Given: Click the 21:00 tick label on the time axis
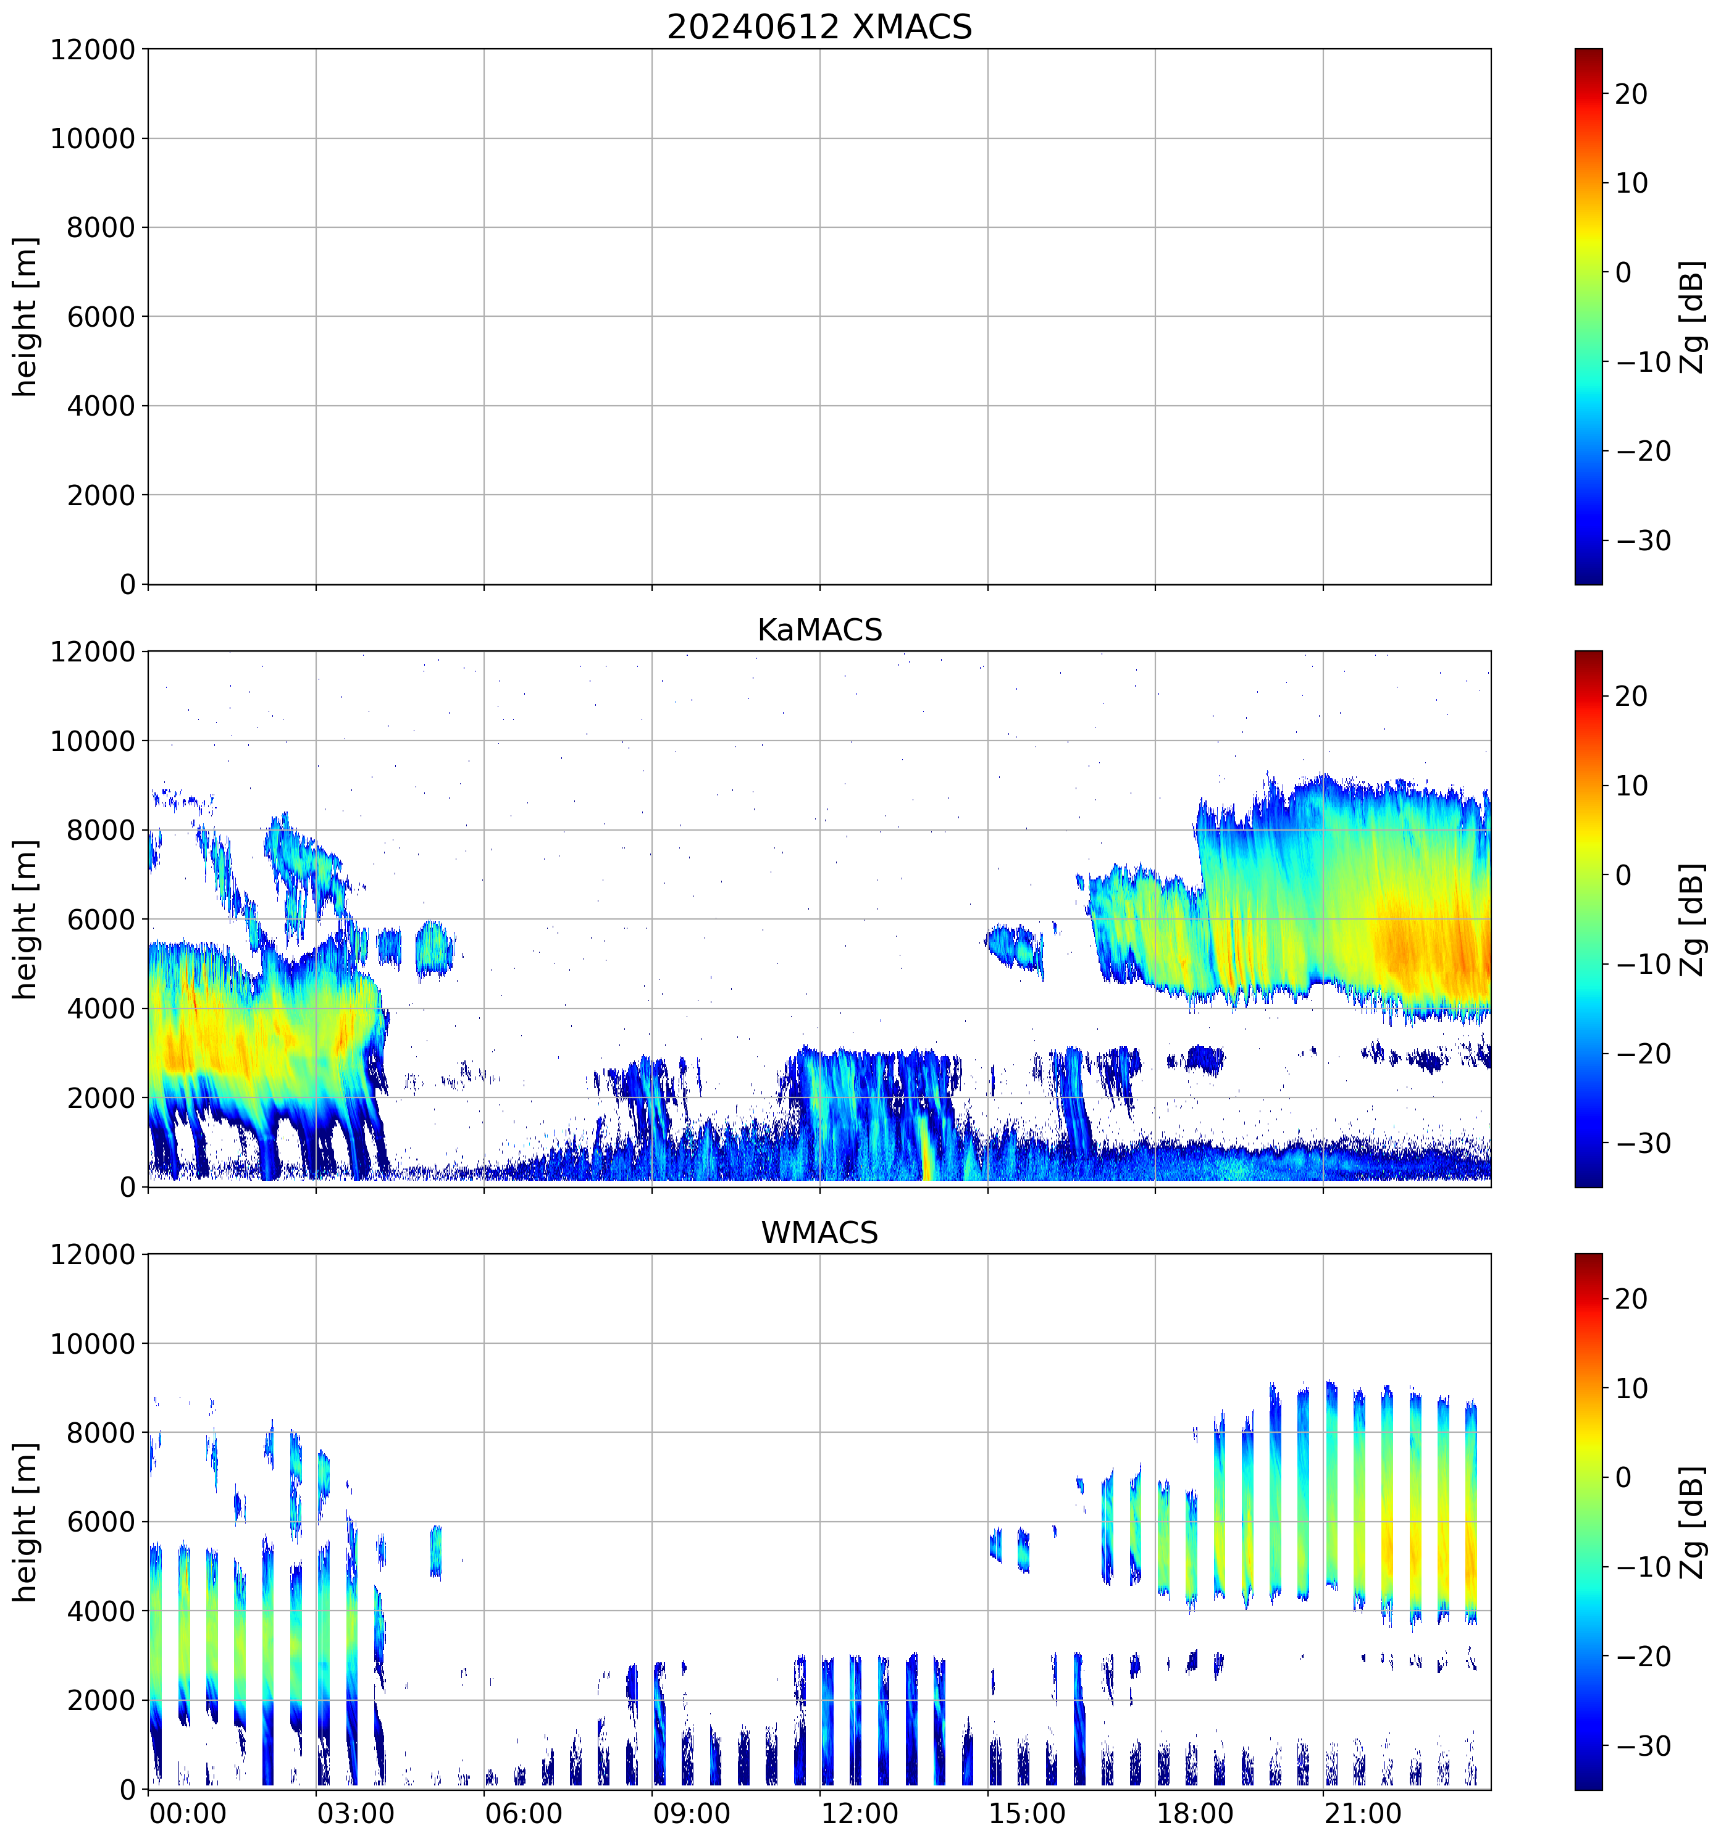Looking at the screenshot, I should point(1362,1813).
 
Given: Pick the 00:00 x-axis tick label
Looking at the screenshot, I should point(188,1813).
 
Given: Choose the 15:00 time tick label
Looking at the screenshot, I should point(1027,1813).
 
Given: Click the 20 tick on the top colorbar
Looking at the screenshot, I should point(1631,94).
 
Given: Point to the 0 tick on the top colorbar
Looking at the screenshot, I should point(1623,273).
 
